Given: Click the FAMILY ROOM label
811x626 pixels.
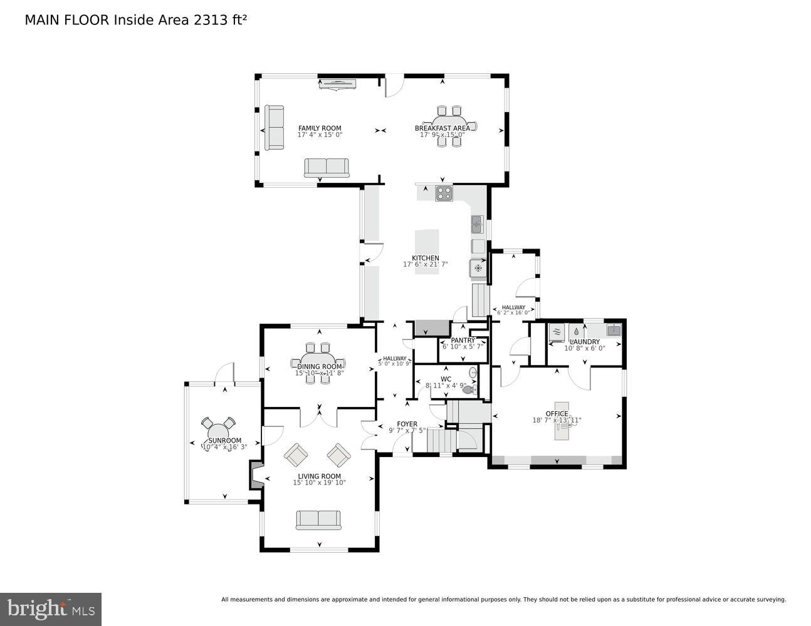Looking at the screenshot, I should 320,128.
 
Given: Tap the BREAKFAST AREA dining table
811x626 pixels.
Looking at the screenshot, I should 449,126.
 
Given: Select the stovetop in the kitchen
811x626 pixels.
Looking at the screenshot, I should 444,193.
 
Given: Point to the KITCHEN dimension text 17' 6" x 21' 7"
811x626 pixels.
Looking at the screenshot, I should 425,264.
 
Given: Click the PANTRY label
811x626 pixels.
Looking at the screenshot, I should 463,341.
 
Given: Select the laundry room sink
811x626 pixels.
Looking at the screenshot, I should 613,331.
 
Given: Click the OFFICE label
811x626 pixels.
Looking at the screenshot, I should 557,414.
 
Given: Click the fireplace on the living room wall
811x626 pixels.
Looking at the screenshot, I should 256,475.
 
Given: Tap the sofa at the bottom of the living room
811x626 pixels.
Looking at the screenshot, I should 318,520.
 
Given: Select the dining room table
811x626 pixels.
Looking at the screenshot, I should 319,362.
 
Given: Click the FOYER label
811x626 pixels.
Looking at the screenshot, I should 407,424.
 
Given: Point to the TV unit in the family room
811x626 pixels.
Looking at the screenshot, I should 337,84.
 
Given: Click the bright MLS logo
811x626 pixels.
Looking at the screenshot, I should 51,608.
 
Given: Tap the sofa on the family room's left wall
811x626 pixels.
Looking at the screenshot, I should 274,128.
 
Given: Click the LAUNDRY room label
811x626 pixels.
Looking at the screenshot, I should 585,342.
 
